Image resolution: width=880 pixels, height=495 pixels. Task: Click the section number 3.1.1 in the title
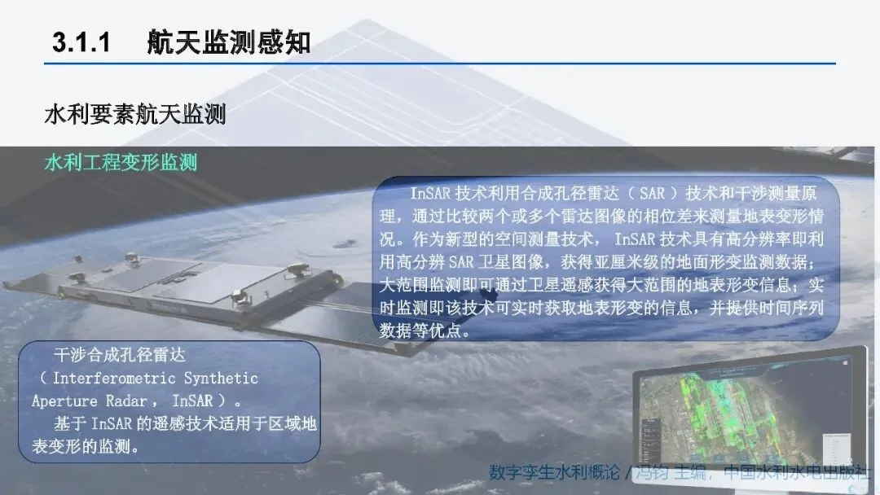81,42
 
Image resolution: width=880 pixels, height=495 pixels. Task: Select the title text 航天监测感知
229,42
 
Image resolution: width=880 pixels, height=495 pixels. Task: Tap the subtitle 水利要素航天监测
135,114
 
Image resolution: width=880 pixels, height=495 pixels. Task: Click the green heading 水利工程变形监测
121,163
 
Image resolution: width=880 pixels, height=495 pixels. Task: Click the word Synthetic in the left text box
221,378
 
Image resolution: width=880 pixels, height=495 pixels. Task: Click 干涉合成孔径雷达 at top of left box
120,355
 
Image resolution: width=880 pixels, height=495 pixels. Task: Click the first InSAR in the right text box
430,194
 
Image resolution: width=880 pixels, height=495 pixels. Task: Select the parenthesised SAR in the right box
652,194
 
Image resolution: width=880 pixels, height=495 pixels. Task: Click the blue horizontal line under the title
440,64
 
